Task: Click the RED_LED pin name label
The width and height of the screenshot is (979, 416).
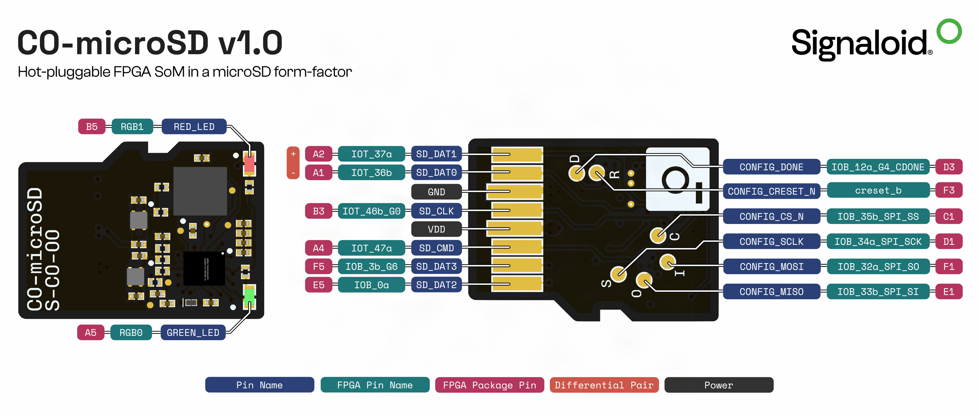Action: click(x=194, y=127)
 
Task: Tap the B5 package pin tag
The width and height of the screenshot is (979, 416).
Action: click(x=92, y=127)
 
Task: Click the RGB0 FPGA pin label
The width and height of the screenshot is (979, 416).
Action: click(x=131, y=333)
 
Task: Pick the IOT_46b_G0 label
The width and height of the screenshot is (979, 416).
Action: click(x=371, y=211)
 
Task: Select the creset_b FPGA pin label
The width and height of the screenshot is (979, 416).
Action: click(x=878, y=191)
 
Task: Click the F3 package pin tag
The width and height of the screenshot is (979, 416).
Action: click(x=949, y=191)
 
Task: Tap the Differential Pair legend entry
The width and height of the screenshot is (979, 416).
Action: click(x=604, y=385)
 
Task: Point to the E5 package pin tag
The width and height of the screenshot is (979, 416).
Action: click(x=318, y=285)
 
